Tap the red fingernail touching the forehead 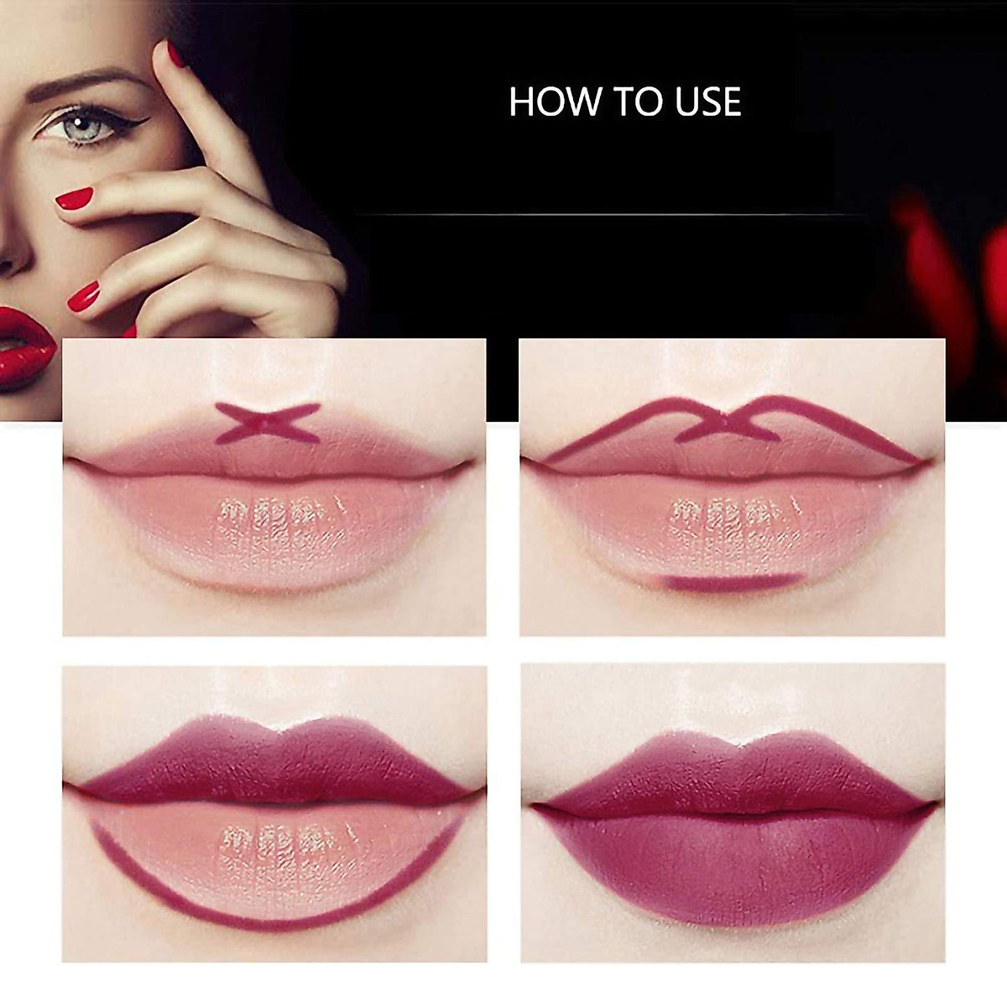[175, 53]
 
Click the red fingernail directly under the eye [74, 199]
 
